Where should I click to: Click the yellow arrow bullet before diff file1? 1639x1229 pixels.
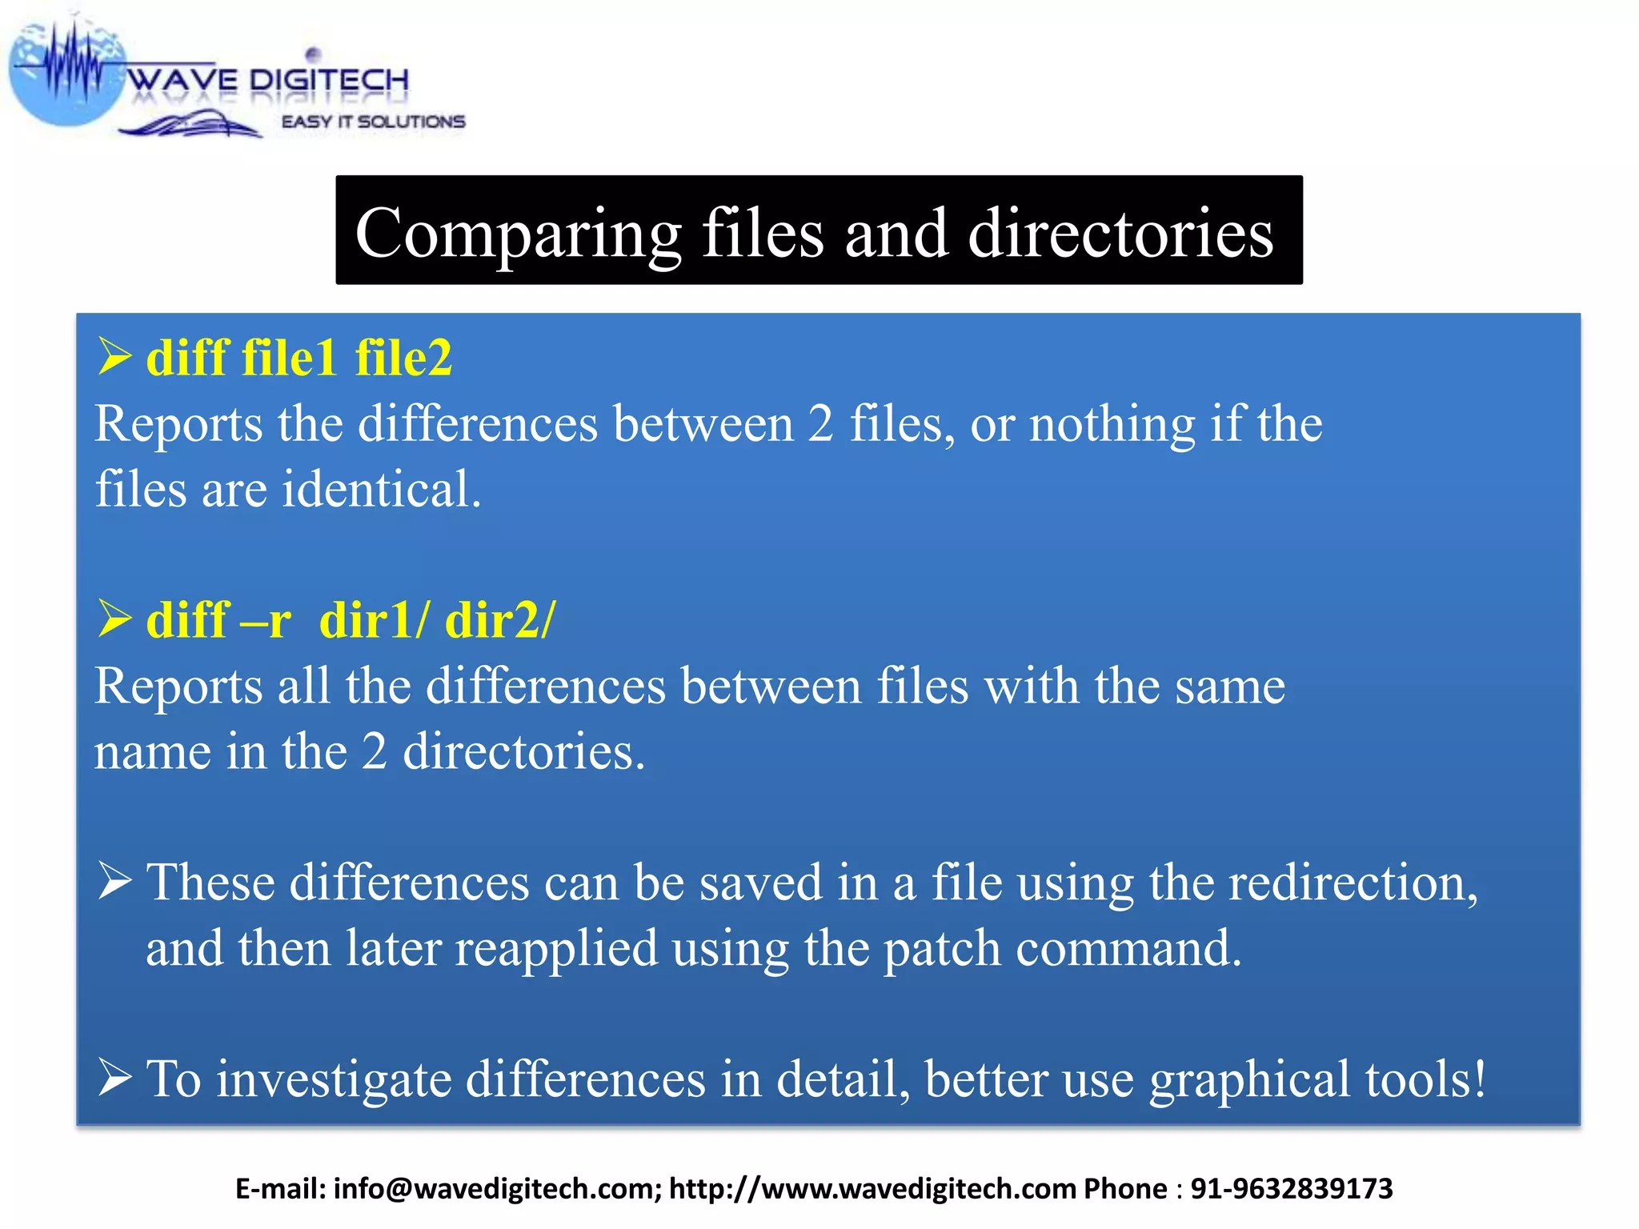pos(114,356)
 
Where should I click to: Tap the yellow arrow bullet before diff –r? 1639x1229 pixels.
pos(114,619)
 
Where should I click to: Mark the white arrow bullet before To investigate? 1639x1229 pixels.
pos(114,1077)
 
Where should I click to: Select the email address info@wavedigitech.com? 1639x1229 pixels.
pos(497,1189)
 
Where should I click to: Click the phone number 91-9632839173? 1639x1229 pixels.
pos(1292,1189)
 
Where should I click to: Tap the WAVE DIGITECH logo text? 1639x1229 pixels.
pos(268,80)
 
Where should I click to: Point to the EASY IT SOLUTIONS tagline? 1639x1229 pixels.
pos(373,122)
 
